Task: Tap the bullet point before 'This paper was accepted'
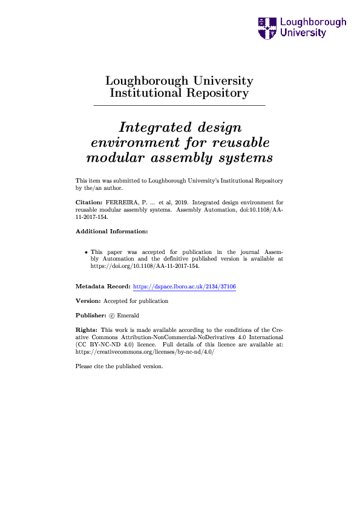coord(85,251)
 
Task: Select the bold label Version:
coord(88,300)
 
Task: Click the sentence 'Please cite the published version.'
coord(119,366)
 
